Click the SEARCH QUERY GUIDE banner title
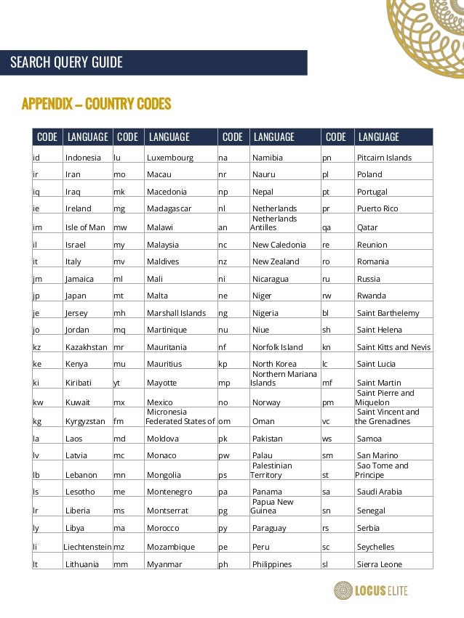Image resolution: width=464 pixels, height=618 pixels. tap(66, 62)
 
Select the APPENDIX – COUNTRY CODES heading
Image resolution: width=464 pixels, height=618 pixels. tap(96, 104)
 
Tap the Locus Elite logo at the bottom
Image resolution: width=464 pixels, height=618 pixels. tap(371, 590)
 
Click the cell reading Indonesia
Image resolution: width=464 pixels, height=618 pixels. tap(83, 158)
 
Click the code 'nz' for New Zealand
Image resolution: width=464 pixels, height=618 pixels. tap(223, 261)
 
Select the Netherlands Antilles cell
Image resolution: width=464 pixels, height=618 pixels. tap(274, 223)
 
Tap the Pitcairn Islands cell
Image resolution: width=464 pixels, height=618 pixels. tap(384, 158)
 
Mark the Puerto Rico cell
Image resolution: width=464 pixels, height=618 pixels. tap(377, 208)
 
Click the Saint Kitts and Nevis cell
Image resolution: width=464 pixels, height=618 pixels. tap(393, 347)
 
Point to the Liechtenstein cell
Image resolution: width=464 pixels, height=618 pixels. tap(87, 547)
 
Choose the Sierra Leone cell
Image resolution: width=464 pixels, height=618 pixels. tap(380, 564)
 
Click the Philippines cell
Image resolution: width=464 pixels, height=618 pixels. tap(272, 564)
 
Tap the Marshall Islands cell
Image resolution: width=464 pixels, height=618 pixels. tap(176, 313)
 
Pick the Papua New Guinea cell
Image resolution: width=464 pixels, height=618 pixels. tap(273, 506)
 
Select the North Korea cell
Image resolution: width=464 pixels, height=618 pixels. tap(274, 364)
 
